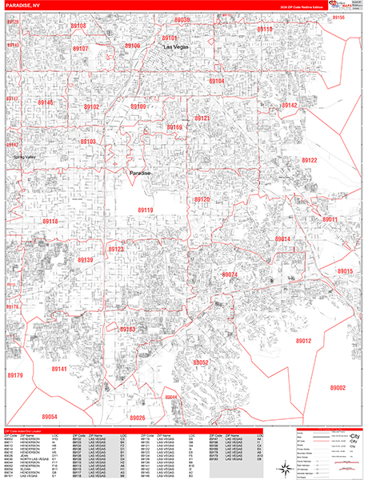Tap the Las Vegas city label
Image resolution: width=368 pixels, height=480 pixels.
point(178,48)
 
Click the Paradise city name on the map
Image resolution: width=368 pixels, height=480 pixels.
point(140,172)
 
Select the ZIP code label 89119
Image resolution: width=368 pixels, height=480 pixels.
point(145,210)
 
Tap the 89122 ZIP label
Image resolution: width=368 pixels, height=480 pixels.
point(310,161)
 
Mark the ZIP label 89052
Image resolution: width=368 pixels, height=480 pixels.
point(200,362)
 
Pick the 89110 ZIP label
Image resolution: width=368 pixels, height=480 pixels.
point(264,30)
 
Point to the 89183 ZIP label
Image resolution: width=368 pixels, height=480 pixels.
point(126,329)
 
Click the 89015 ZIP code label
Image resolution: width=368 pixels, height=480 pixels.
point(345,272)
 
